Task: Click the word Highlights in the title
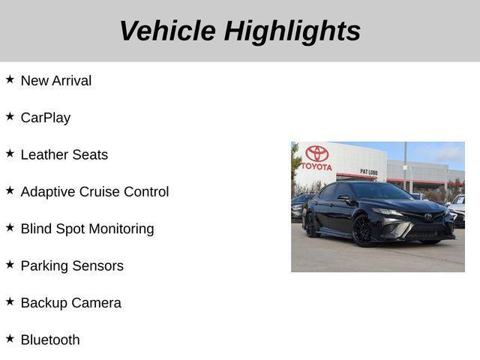click(x=292, y=31)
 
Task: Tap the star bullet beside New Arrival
click(x=10, y=79)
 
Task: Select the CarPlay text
click(x=45, y=118)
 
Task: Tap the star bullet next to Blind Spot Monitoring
click(x=10, y=226)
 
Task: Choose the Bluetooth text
click(x=50, y=340)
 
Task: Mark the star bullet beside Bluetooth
click(x=10, y=337)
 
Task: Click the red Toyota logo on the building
click(x=316, y=154)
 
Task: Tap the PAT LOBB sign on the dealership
click(x=368, y=172)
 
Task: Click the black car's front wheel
click(x=364, y=231)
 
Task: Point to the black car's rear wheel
click(x=310, y=224)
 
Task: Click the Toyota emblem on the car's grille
click(x=428, y=217)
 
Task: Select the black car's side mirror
click(x=343, y=198)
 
